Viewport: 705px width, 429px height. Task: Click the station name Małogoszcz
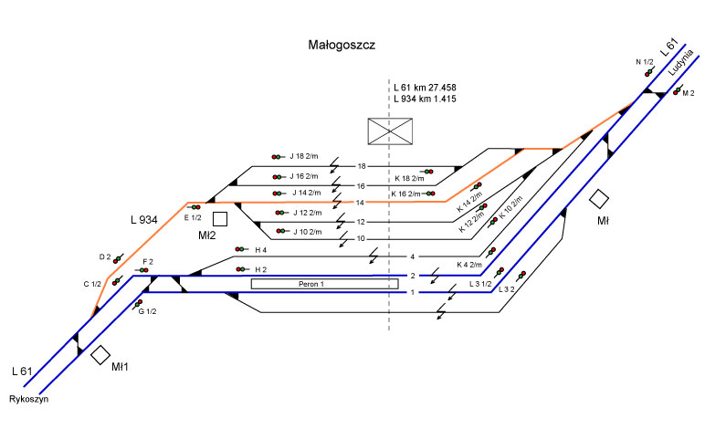[x=343, y=44]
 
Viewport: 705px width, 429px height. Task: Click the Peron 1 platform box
[x=325, y=284]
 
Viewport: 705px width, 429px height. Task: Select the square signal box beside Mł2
[x=220, y=218]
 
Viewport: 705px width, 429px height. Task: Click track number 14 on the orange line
[x=360, y=202]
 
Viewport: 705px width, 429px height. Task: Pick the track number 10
[x=361, y=239]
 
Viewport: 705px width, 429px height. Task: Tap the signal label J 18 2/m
[x=304, y=156]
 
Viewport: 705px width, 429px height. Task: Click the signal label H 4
[x=260, y=249]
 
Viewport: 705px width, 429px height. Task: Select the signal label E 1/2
[x=192, y=217]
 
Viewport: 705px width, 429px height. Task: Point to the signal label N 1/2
[x=645, y=61]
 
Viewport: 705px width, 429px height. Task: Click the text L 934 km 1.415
[x=425, y=99]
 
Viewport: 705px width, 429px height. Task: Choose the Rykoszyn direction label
[x=28, y=399]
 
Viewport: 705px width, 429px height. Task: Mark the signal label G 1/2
[x=147, y=312]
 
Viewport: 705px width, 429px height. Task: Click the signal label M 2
[x=689, y=93]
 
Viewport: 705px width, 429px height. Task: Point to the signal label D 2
[x=104, y=257]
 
